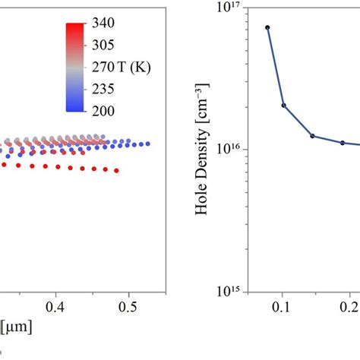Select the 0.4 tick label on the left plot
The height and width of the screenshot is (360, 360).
[55, 308]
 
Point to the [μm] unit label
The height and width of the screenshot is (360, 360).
[13, 326]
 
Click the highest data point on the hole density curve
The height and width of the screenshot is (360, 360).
[267, 27]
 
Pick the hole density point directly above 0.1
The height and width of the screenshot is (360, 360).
[283, 106]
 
